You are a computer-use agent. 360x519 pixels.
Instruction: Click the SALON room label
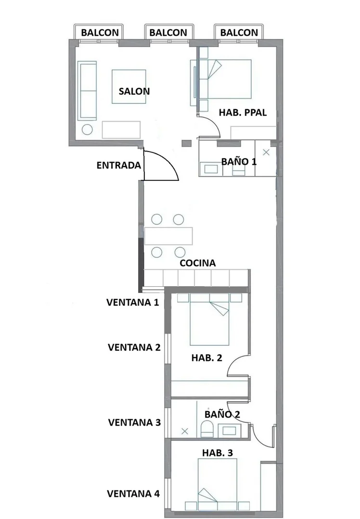(x=134, y=91)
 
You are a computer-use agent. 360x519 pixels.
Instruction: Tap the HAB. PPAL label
(x=243, y=113)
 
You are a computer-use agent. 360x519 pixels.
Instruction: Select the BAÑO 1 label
(x=239, y=161)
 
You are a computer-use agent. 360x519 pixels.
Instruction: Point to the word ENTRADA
(x=118, y=165)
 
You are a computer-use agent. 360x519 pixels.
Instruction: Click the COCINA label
(x=198, y=263)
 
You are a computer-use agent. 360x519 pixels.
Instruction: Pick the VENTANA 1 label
(x=133, y=303)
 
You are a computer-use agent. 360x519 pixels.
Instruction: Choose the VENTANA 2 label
(x=134, y=348)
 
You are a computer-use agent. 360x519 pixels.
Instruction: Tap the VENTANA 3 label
(x=134, y=423)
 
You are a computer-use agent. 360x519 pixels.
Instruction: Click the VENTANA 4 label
(x=133, y=494)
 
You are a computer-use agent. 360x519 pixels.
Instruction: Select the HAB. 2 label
(x=206, y=358)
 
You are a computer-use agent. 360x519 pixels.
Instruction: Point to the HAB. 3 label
(x=218, y=453)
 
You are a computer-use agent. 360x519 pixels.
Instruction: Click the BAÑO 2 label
(x=222, y=414)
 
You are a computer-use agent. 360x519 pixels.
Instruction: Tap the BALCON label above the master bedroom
(x=239, y=32)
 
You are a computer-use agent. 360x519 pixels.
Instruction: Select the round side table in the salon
(x=87, y=129)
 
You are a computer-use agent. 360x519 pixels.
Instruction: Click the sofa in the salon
(x=88, y=91)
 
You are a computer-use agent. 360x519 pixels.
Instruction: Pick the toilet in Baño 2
(x=207, y=429)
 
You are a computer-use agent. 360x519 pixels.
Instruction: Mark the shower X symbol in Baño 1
(x=266, y=152)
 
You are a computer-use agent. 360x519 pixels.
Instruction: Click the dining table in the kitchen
(x=168, y=236)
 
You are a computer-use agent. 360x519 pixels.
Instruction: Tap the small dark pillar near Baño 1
(x=187, y=143)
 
